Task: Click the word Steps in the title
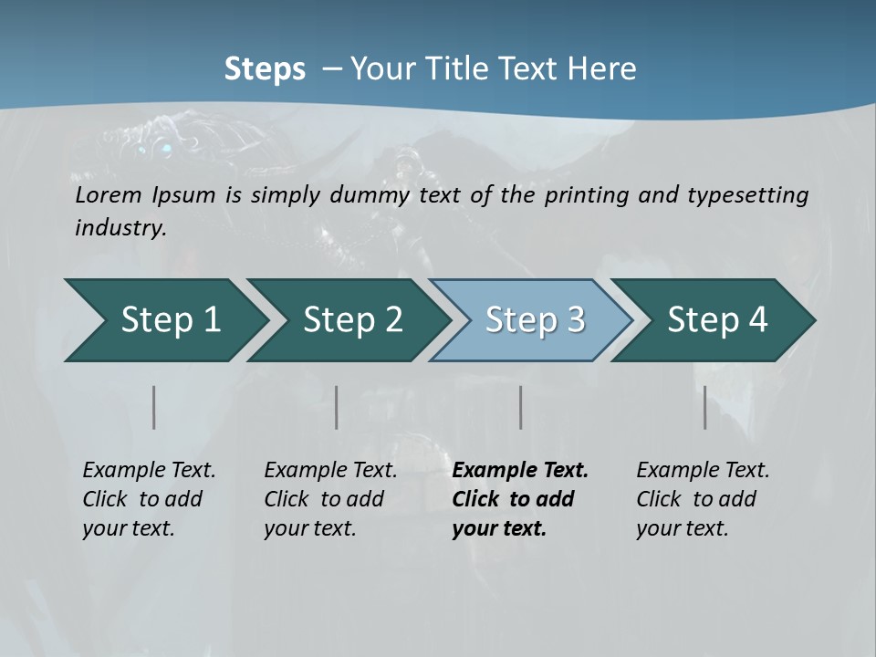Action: click(265, 69)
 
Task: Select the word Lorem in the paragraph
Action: click(107, 195)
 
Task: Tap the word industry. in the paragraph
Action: click(120, 228)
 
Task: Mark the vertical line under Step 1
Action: click(154, 407)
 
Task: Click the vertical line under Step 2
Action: click(337, 407)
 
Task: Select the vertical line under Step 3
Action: click(520, 407)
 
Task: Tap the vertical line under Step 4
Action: click(705, 407)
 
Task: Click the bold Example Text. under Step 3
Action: click(520, 471)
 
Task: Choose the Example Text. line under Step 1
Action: click(149, 471)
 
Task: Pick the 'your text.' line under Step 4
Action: click(683, 529)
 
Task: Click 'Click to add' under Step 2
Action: click(324, 500)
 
